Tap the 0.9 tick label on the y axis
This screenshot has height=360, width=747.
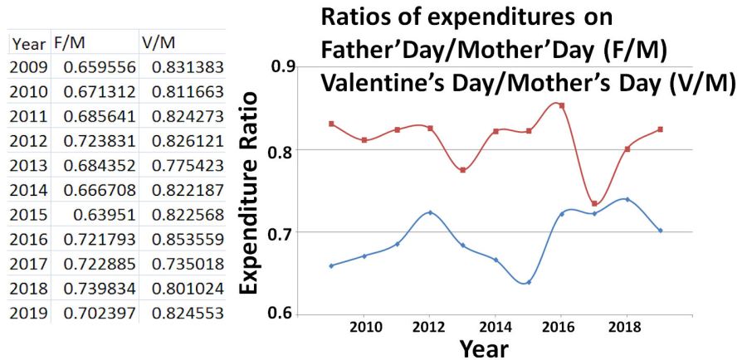point(286,67)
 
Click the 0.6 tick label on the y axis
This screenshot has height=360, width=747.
point(286,314)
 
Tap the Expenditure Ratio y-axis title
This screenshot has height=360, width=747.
point(254,191)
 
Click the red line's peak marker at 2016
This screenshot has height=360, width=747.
point(561,105)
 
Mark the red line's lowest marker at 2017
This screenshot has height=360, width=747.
point(594,203)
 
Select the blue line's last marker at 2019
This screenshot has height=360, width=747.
point(660,230)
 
